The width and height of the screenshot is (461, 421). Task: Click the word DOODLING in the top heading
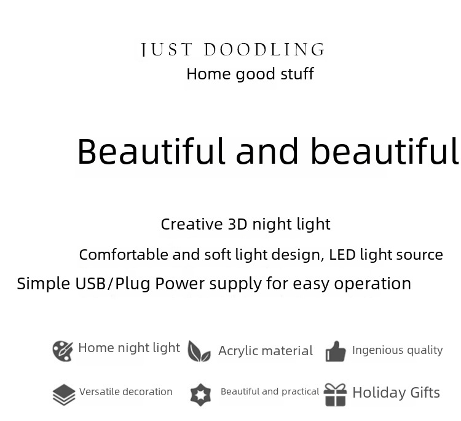click(x=264, y=49)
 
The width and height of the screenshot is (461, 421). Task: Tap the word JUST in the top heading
click(x=167, y=49)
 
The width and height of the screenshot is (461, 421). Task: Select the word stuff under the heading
click(x=297, y=74)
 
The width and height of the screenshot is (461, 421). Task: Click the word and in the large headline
click(x=267, y=151)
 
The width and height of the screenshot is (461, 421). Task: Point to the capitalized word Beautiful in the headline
click(x=151, y=151)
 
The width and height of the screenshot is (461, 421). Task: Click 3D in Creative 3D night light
click(x=237, y=224)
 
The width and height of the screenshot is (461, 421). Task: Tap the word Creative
click(x=192, y=224)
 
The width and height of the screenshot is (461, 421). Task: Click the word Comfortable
click(x=124, y=255)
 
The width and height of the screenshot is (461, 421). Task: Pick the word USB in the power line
click(x=90, y=284)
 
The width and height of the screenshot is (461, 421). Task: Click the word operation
click(x=372, y=284)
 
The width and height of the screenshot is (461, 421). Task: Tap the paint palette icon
click(x=63, y=351)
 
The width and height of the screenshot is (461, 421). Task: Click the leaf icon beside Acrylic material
click(x=199, y=351)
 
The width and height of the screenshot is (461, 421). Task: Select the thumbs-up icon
click(x=336, y=351)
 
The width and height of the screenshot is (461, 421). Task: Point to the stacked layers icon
click(x=64, y=395)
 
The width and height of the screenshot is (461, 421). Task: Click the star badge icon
click(x=200, y=395)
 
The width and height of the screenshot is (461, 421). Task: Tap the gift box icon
click(x=335, y=395)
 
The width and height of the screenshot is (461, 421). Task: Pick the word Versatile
click(x=100, y=392)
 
